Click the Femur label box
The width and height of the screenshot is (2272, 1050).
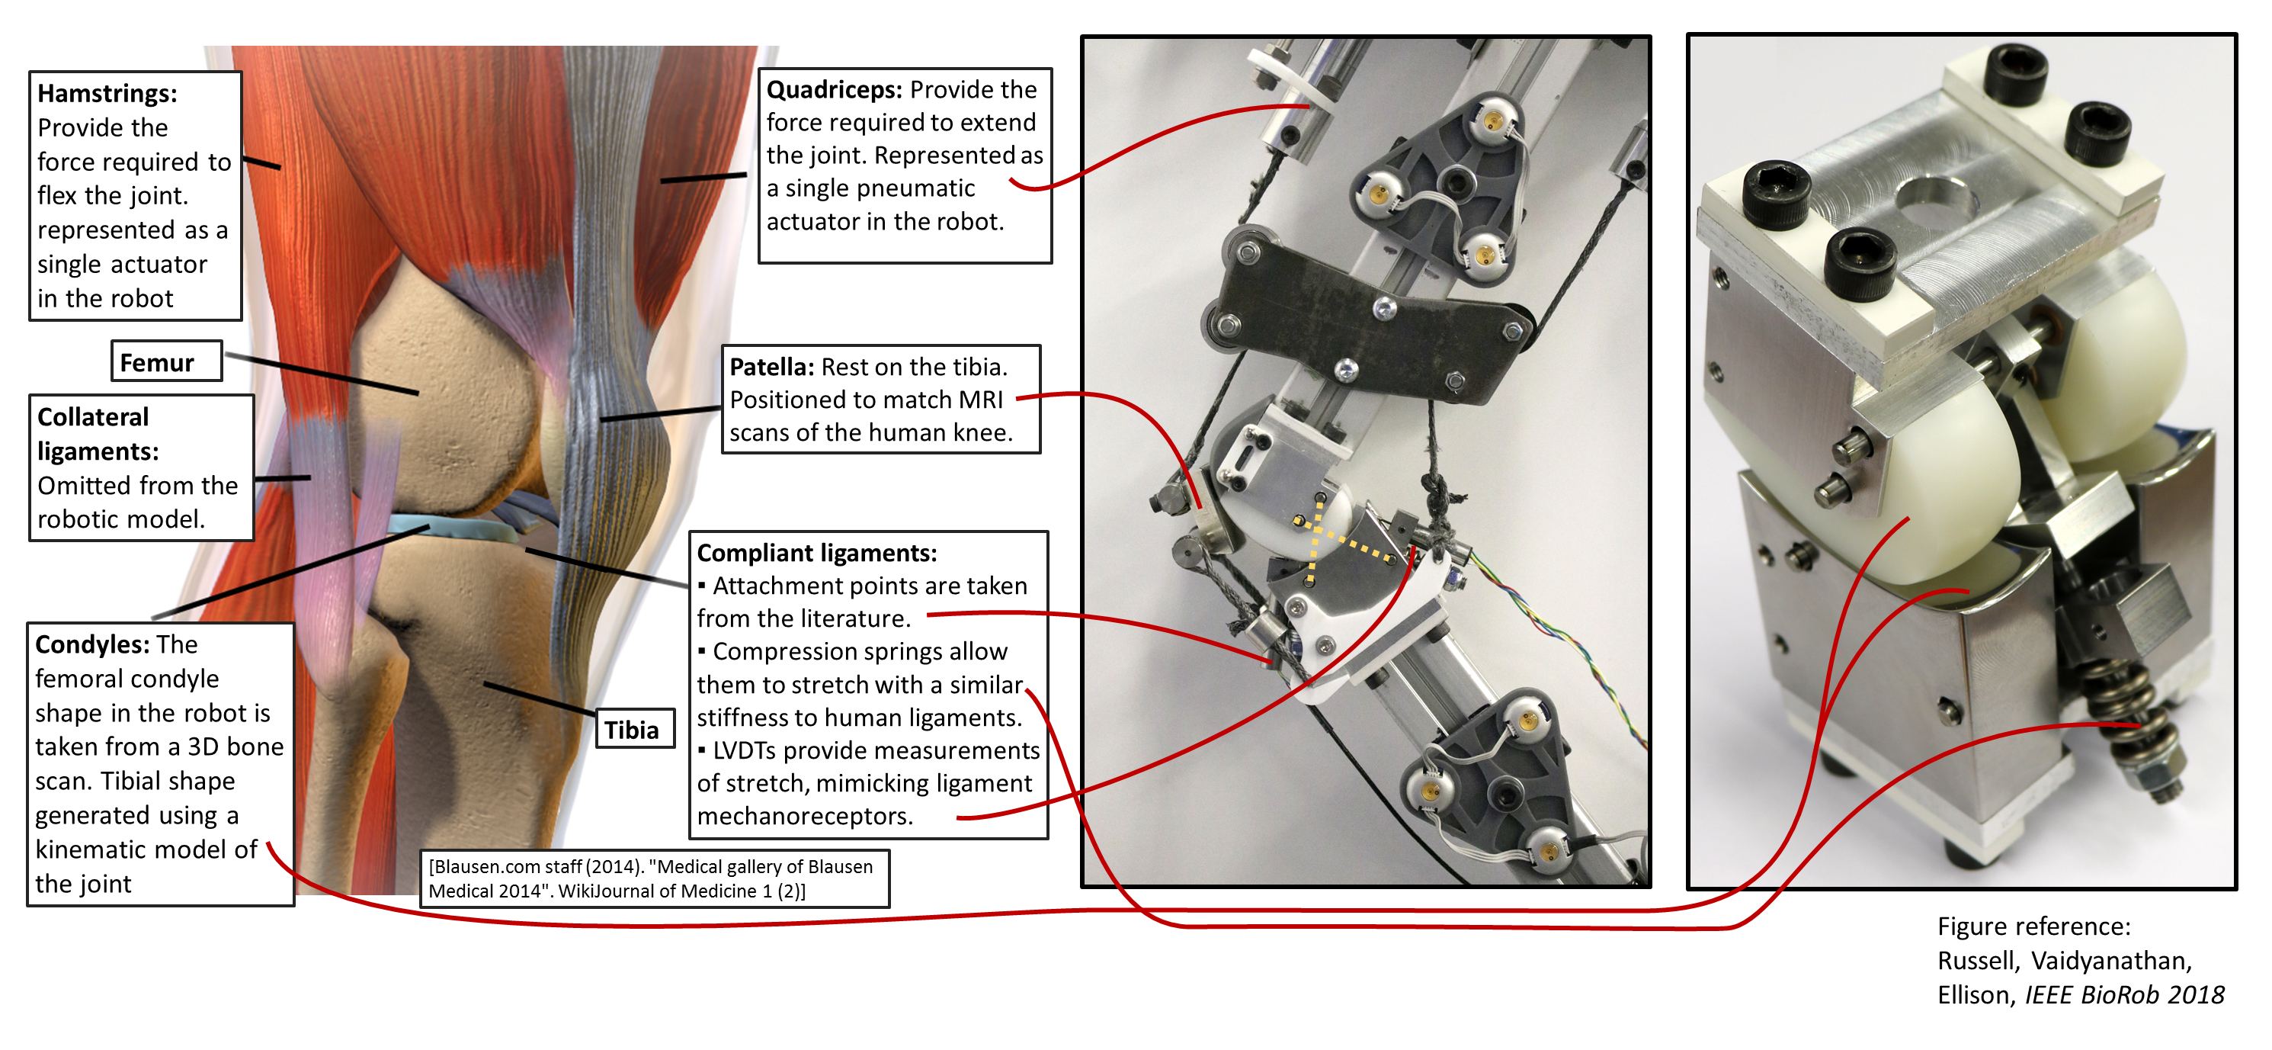(167, 361)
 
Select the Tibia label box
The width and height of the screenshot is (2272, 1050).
(635, 729)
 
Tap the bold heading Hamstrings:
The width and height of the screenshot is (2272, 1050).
(107, 94)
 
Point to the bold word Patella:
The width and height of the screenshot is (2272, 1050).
(771, 367)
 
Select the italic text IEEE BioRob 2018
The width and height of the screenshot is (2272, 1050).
(2124, 995)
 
